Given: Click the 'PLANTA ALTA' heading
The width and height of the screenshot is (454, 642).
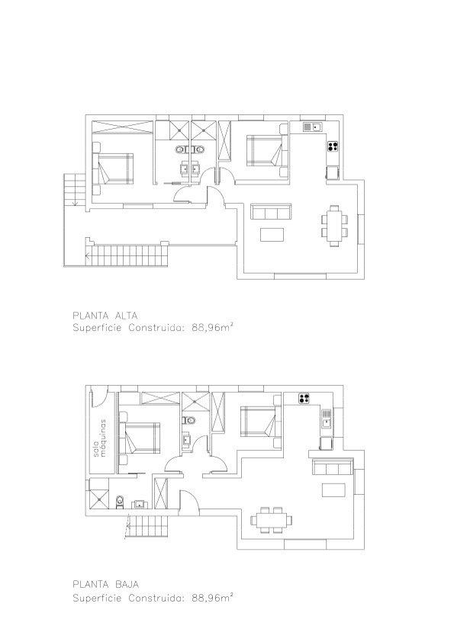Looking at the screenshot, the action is (x=105, y=316).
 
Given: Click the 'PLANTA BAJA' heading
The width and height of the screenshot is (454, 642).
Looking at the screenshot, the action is (x=106, y=584).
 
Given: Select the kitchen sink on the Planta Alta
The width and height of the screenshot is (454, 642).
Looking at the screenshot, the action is (x=313, y=127).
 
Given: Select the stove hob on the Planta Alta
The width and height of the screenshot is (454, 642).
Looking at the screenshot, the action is (x=333, y=146).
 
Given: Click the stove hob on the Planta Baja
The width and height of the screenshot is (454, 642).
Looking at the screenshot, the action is (x=304, y=398).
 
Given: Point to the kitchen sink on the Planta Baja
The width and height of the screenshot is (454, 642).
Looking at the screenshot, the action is (x=326, y=419).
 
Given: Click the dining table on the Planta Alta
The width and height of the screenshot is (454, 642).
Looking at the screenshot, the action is (x=335, y=226).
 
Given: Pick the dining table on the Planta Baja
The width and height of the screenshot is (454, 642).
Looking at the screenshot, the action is (x=271, y=520).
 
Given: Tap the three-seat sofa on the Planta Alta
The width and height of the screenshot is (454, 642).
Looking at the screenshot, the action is (x=271, y=211).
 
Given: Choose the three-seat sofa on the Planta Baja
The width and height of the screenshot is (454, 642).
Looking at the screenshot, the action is (x=333, y=467).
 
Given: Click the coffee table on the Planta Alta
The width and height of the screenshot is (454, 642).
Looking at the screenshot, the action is (x=272, y=234).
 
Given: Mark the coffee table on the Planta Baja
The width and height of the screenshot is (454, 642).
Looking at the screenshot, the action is (x=333, y=490).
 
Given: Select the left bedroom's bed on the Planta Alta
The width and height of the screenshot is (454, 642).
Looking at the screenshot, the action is (x=114, y=169).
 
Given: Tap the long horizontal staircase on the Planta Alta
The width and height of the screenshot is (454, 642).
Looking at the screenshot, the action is (x=127, y=255).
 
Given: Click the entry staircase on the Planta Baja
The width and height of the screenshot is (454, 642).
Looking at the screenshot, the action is (x=148, y=526).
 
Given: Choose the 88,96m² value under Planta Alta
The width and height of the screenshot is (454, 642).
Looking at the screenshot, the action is (x=213, y=327).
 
